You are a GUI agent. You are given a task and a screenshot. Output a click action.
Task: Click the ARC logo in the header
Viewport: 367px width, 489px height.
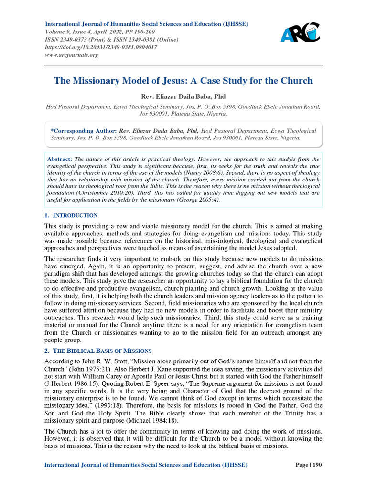pyautogui.click(x=300, y=33)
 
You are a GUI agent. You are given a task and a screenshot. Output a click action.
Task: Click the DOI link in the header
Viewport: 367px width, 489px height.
pyautogui.click(x=100, y=48)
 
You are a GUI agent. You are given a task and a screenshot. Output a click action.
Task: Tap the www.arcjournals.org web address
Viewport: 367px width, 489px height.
pyautogui.click(x=71, y=55)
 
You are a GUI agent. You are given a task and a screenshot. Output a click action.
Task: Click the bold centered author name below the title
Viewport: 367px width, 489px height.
pyautogui.click(x=183, y=97)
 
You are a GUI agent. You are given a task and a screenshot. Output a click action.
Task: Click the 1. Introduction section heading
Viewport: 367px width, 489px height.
pyautogui.click(x=71, y=215)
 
